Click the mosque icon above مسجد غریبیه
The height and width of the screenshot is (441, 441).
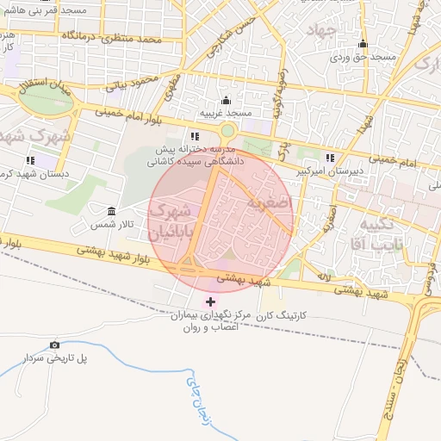click(226, 101)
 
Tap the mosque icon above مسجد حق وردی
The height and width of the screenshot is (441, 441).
click(363, 45)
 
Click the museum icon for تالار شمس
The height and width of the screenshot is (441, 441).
click(111, 211)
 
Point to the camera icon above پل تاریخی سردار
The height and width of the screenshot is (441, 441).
click(55, 345)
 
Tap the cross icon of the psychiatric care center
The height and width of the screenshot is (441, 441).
click(211, 302)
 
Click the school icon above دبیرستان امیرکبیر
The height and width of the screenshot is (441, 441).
click(331, 158)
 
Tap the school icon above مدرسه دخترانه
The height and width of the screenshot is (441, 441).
click(196, 136)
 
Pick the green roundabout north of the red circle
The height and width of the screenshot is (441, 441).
click(227, 131)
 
